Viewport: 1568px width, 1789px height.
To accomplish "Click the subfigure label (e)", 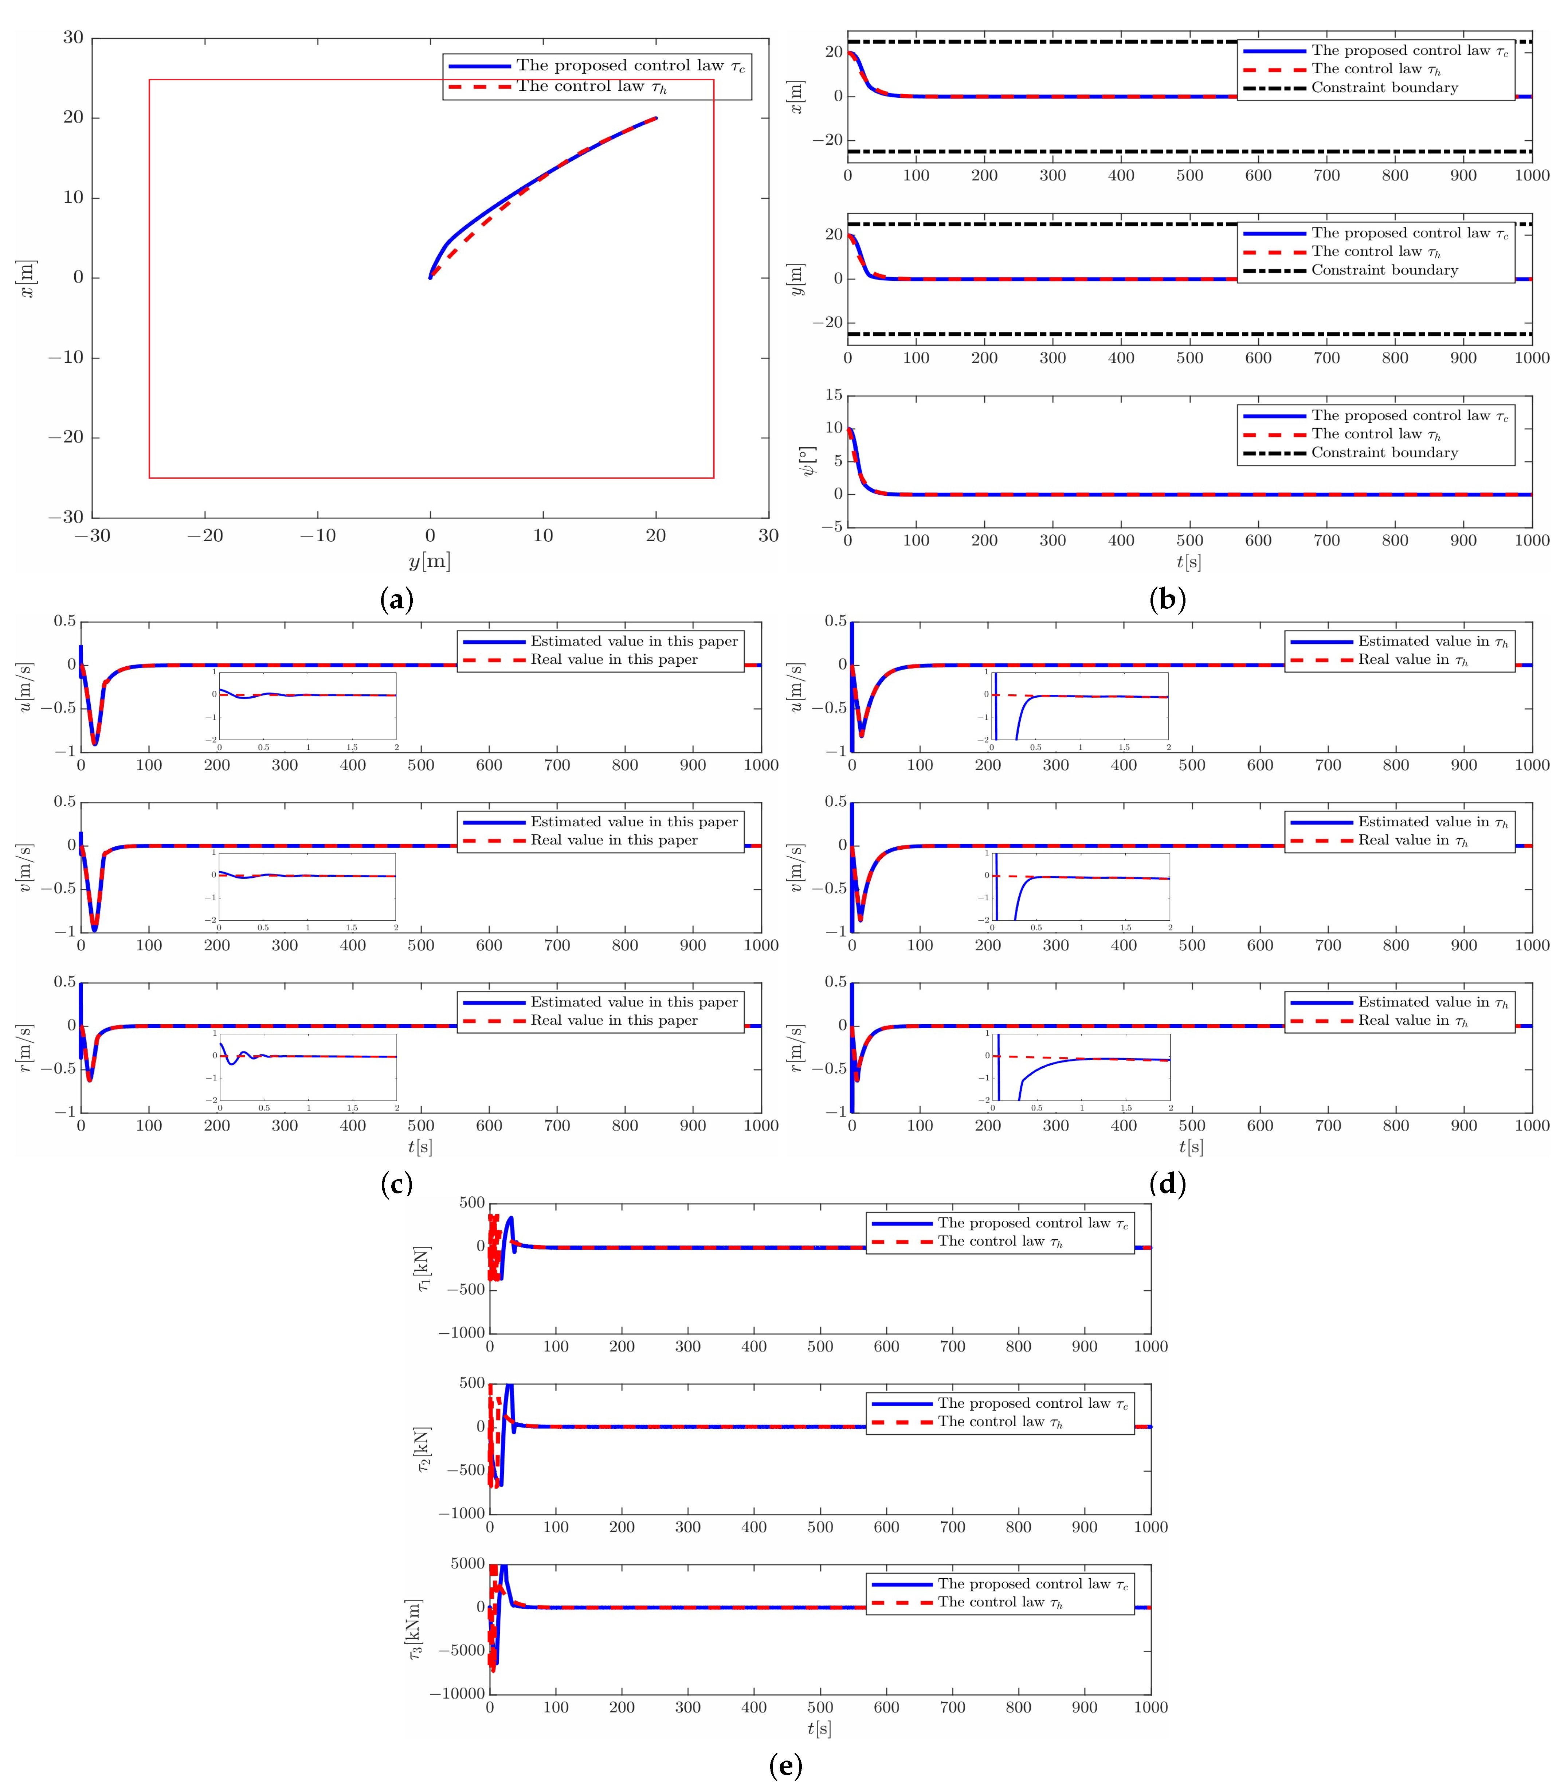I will pyautogui.click(x=785, y=1766).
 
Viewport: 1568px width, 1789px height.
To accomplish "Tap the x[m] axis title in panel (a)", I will pyautogui.click(x=28, y=278).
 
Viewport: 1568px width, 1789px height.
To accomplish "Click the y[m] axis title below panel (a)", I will pyautogui.click(x=430, y=561).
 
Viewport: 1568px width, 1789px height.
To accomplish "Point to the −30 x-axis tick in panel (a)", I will pyautogui.click(x=93, y=536).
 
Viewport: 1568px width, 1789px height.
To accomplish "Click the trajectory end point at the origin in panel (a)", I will pyautogui.click(x=430, y=277).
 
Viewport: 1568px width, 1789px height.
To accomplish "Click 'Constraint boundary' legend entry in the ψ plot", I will pyautogui.click(x=1384, y=452).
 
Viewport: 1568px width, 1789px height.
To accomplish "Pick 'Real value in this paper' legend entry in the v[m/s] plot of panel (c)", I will pyautogui.click(x=614, y=840).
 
